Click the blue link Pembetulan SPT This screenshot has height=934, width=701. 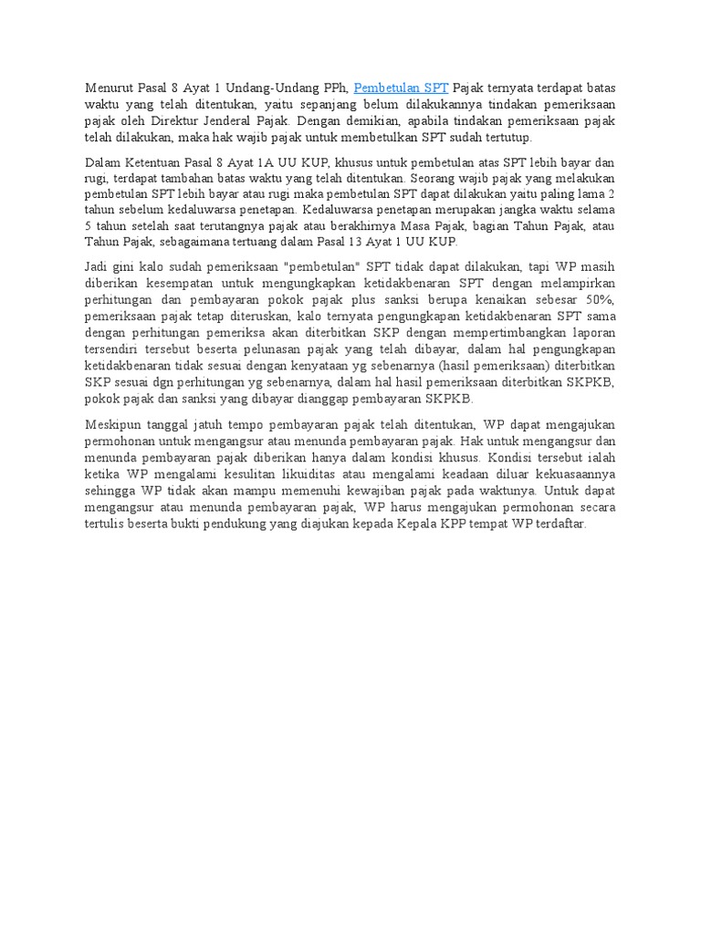tap(401, 88)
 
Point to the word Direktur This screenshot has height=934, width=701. tap(183, 120)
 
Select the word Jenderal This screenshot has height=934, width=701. tap(239, 120)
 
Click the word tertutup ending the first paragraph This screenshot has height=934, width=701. tap(505, 137)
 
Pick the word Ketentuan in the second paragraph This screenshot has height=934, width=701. tap(152, 161)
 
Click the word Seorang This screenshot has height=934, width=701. tap(440, 177)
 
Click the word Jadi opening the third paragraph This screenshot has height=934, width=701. tap(98, 266)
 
